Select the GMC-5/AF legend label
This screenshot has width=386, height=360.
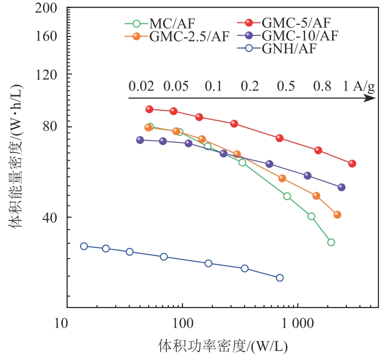pyautogui.click(x=295, y=22)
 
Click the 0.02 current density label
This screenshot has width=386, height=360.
pyautogui.click(x=141, y=86)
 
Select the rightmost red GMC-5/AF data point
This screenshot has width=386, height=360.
pyautogui.click(x=352, y=163)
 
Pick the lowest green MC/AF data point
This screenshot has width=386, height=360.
pyautogui.click(x=331, y=242)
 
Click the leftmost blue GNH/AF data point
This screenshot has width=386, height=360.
pyautogui.click(x=84, y=246)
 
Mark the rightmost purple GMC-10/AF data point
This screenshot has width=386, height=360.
pyautogui.click(x=342, y=187)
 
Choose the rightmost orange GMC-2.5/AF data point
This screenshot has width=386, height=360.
pyautogui.click(x=337, y=215)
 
